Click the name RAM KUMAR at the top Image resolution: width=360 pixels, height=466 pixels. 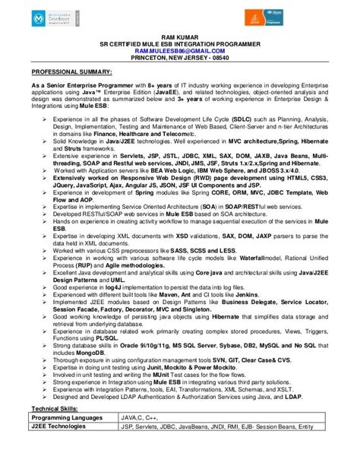[180, 36]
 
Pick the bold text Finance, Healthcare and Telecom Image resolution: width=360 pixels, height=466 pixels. [161, 132]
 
